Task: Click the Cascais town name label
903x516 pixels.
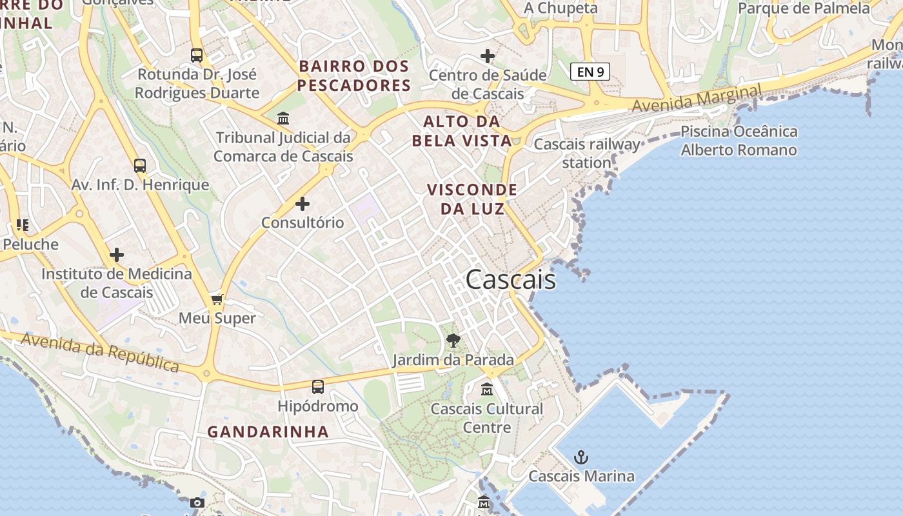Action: (x=510, y=279)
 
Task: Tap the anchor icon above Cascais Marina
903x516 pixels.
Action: (x=581, y=457)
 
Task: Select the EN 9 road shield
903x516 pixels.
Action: (x=590, y=72)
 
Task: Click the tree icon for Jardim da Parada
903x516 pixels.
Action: (x=453, y=340)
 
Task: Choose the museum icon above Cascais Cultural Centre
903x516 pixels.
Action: (x=487, y=390)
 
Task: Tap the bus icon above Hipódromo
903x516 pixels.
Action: (x=318, y=387)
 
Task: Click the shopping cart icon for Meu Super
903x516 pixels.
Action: (x=217, y=299)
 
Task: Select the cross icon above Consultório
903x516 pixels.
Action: (x=302, y=204)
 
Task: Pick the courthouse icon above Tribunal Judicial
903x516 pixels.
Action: (x=283, y=119)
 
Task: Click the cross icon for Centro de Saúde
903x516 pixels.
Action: (x=488, y=56)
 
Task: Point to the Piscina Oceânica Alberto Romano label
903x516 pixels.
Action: (x=739, y=141)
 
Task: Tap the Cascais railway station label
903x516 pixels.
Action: (x=587, y=153)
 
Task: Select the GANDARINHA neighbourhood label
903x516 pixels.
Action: (x=268, y=432)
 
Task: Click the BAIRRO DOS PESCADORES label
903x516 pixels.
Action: (x=354, y=75)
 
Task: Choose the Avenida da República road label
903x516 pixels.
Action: (x=100, y=352)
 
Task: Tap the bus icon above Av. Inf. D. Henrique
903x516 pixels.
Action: (x=140, y=166)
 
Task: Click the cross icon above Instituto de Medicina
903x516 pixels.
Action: (x=116, y=255)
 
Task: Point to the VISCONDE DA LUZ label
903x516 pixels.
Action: (x=472, y=199)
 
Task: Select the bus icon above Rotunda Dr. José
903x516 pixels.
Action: (x=197, y=55)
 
